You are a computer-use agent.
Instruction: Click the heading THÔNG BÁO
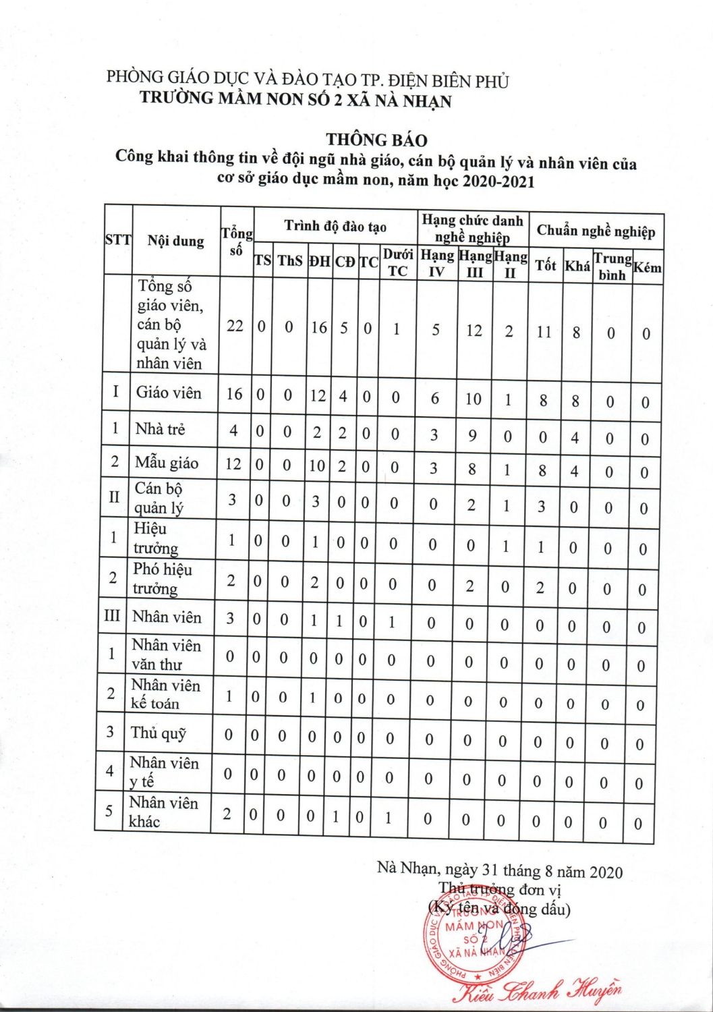point(376,140)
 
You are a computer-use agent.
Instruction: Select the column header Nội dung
point(175,241)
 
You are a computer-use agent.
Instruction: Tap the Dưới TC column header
point(397,262)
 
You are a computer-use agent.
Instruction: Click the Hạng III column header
point(475,264)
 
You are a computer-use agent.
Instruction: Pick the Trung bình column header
point(612,266)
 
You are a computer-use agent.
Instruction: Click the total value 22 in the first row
point(235,326)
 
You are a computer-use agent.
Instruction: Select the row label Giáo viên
point(169,393)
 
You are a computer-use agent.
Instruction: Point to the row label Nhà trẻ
point(160,428)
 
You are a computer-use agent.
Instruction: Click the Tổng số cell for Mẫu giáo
point(233,463)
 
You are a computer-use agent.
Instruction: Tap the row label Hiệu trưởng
point(155,538)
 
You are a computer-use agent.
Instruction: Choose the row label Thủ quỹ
point(159,733)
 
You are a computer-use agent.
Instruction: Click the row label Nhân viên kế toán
point(165,694)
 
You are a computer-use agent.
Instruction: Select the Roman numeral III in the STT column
point(112,616)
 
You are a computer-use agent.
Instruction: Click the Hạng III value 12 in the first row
point(474,331)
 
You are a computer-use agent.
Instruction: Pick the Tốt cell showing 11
point(544,332)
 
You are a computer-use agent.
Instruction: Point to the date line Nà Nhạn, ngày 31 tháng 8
point(500,871)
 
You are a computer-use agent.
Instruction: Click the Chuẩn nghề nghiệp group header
point(596,231)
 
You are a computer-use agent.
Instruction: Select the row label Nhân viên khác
point(163,812)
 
